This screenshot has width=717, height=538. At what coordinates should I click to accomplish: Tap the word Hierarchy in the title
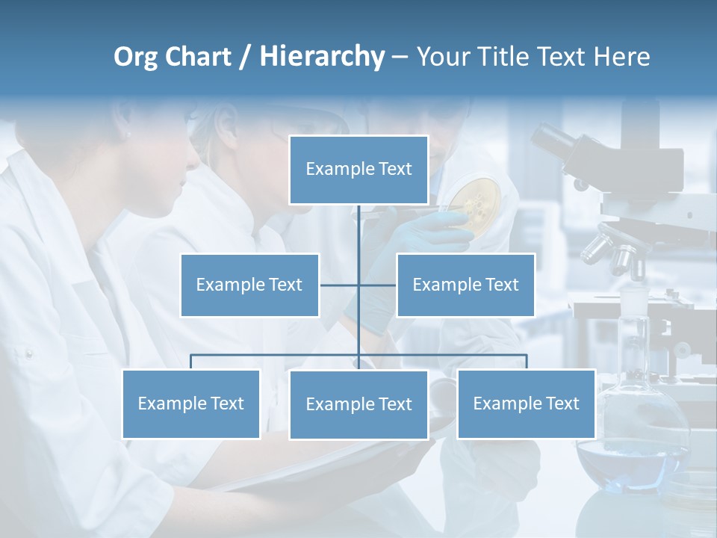click(x=322, y=57)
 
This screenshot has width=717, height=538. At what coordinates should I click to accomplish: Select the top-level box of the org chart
click(x=358, y=170)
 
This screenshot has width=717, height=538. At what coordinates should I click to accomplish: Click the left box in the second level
click(x=249, y=285)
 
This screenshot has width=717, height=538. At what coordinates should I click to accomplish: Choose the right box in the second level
click(x=465, y=285)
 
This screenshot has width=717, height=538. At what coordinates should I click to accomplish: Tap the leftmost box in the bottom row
click(x=191, y=403)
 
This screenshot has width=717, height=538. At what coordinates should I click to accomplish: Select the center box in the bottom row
click(x=358, y=404)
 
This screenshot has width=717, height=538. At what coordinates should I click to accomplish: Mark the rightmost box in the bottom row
click(x=526, y=403)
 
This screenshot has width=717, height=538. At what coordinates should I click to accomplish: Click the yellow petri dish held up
click(x=476, y=198)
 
